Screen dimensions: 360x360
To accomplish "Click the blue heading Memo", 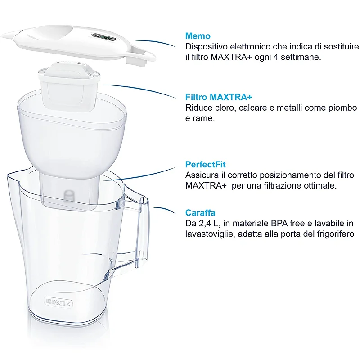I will pos(198,36).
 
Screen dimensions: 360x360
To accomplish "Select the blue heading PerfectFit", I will pos(206,165).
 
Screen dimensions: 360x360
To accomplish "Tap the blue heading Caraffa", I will pos(200,213).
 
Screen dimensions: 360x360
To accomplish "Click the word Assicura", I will pos(202,175).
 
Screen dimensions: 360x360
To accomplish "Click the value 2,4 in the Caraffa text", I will pos(205,224).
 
